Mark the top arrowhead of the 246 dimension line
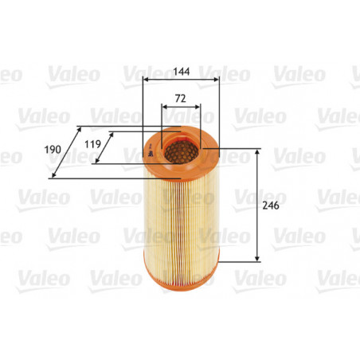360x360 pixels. [257, 151]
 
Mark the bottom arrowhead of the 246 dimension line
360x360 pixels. [257, 259]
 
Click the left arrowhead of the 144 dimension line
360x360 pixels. [144, 80]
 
